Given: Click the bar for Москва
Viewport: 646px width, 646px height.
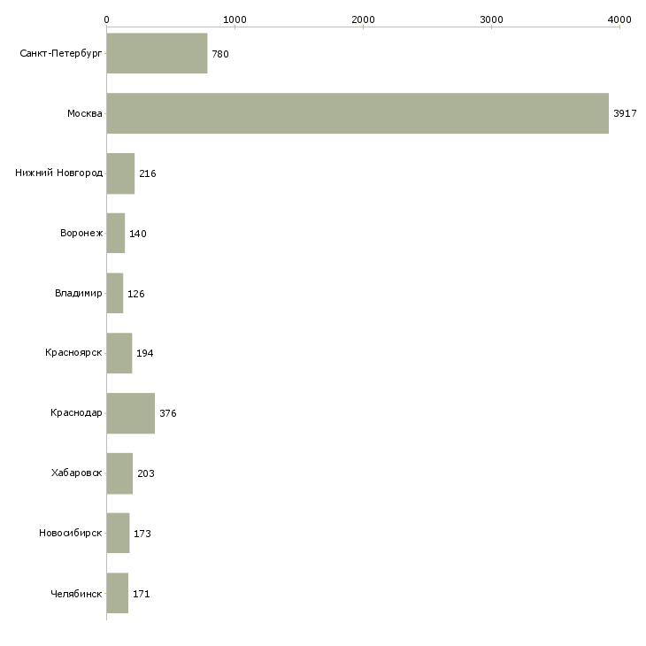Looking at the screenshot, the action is pyautogui.click(x=358, y=113).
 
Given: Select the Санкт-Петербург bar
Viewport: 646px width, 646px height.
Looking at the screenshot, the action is pyautogui.click(x=157, y=53).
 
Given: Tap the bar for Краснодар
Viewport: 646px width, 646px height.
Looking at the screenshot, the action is pyautogui.click(x=131, y=413).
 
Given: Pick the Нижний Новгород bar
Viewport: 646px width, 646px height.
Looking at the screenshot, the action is pyautogui.click(x=120, y=173).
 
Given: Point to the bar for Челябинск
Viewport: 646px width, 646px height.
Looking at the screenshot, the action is pyautogui.click(x=118, y=593).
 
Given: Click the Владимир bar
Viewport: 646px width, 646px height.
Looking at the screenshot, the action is pyautogui.click(x=115, y=293).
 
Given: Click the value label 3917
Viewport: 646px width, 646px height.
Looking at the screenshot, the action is pyautogui.click(x=625, y=113).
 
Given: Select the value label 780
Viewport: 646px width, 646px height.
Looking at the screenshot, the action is pyautogui.click(x=220, y=54).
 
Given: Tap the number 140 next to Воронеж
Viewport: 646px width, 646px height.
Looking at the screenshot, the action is pyautogui.click(x=137, y=234).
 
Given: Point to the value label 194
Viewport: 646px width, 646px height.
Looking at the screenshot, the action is pyautogui.click(x=144, y=353).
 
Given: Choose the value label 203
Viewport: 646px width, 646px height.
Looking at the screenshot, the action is pyautogui.click(x=146, y=473).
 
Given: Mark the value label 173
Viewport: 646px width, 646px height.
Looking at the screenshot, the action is pyautogui.click(x=142, y=534).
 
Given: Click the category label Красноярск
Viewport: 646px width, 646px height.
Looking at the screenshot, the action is pyautogui.click(x=73, y=353).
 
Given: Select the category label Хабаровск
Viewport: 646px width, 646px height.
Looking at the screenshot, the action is pyautogui.click(x=77, y=473).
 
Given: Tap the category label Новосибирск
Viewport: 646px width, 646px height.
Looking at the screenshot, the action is pyautogui.click(x=71, y=533).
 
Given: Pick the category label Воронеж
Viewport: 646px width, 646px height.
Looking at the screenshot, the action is pyautogui.click(x=81, y=233).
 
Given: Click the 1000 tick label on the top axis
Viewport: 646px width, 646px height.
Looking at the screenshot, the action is pyautogui.click(x=235, y=19).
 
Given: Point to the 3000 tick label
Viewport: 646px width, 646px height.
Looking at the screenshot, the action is pyautogui.click(x=491, y=19).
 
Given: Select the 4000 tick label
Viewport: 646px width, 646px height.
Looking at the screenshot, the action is pyautogui.click(x=619, y=19).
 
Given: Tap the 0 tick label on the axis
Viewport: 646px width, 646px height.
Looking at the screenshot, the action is pyautogui.click(x=107, y=19).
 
